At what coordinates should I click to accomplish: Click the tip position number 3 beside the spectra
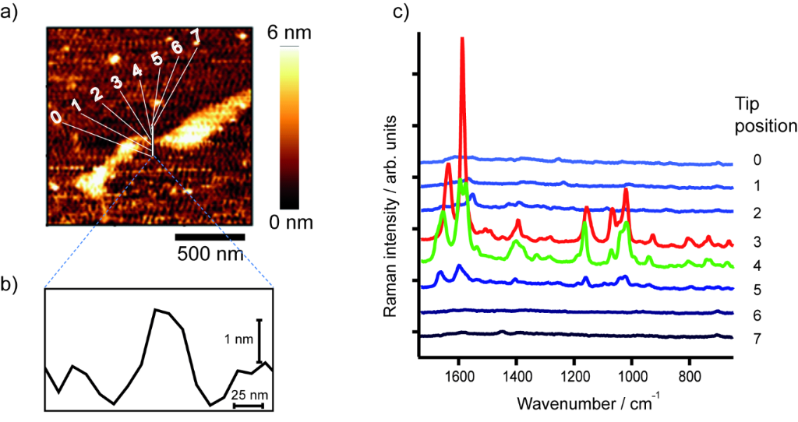pyautogui.click(x=746, y=242)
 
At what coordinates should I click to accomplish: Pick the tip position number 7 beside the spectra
pyautogui.click(x=746, y=340)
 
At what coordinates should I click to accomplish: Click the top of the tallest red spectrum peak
pyautogui.click(x=462, y=38)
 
